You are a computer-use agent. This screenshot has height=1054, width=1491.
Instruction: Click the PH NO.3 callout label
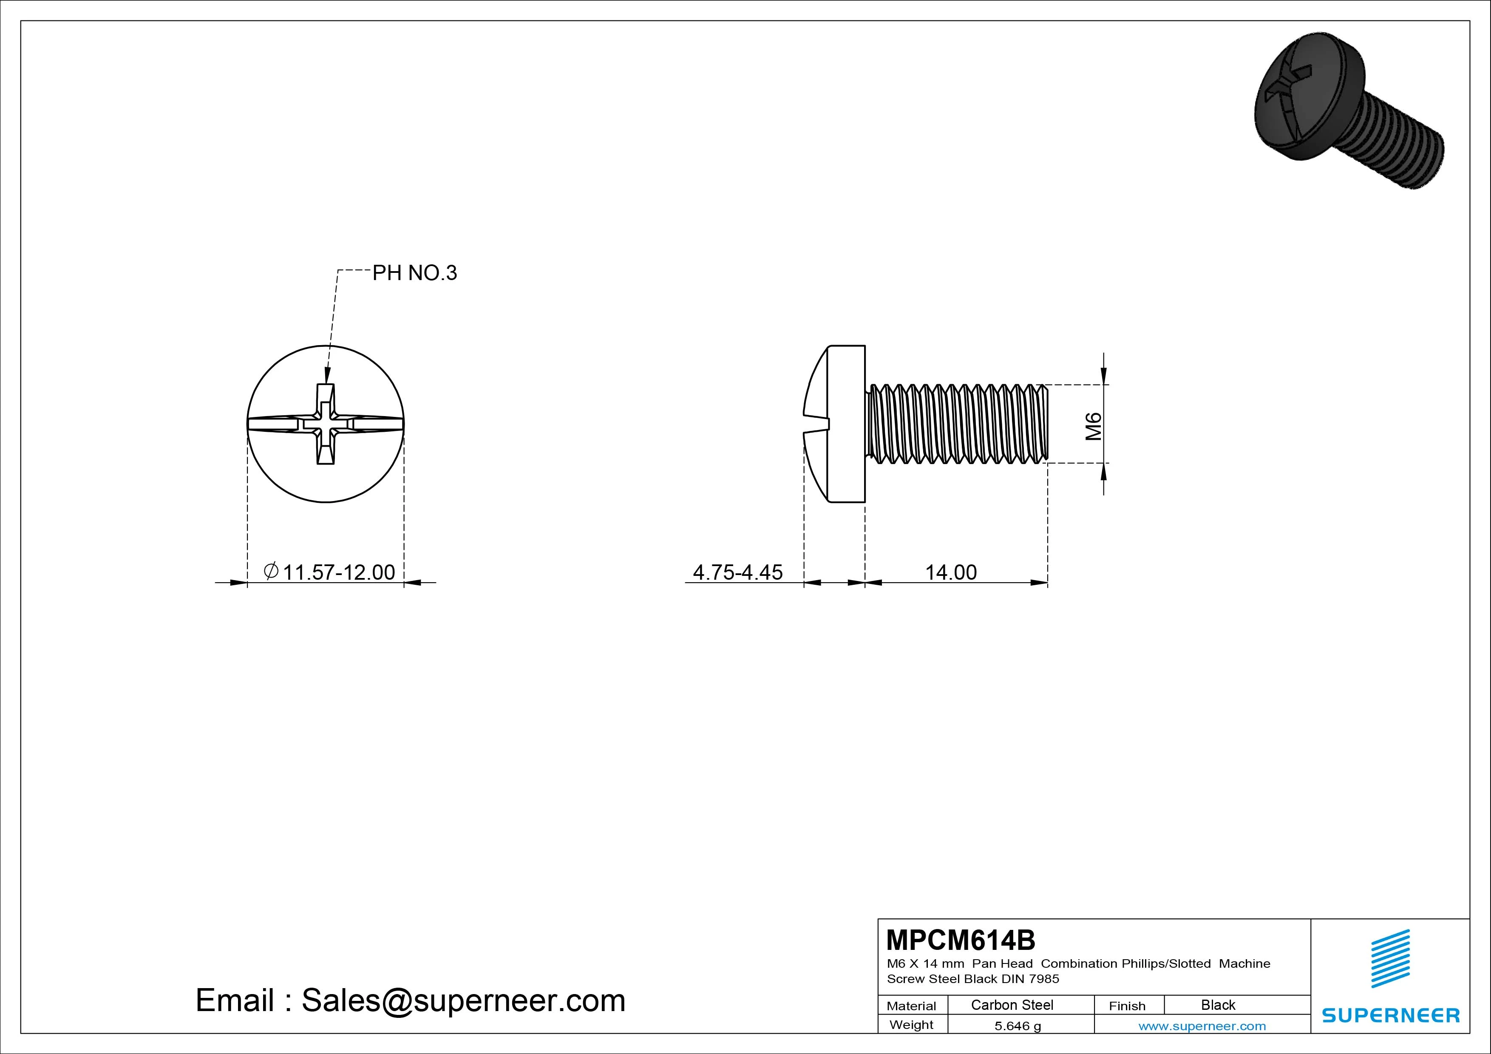coord(414,273)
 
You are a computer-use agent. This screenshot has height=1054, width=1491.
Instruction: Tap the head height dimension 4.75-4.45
coord(738,572)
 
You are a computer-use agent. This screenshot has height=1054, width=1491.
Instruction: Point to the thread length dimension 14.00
coord(951,572)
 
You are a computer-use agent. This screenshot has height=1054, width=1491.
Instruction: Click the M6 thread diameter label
coord(1094,426)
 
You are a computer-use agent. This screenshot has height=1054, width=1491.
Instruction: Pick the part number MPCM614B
coord(961,940)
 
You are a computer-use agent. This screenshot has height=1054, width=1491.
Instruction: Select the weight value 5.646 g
coord(1018,1026)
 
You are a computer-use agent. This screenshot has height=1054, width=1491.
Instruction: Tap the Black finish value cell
coord(1218,1005)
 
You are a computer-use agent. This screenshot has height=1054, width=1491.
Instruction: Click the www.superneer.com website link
coord(1202,1026)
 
